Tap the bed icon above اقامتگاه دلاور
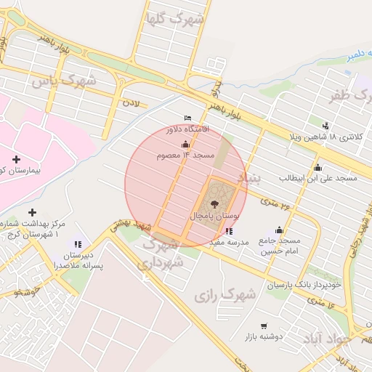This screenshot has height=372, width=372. pyautogui.click(x=188, y=118)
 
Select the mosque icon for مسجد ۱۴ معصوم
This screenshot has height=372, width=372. pyautogui.click(x=185, y=145)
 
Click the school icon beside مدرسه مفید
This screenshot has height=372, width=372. pyautogui.click(x=230, y=231)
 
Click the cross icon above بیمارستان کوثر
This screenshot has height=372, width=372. pyautogui.click(x=16, y=158)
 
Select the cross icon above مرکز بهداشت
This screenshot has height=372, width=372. pyautogui.click(x=32, y=211)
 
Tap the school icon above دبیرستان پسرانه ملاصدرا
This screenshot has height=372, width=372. pyautogui.click(x=78, y=244)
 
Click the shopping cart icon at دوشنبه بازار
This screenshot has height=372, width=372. pyautogui.click(x=263, y=326)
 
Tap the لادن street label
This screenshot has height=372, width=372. pyautogui.click(x=130, y=104)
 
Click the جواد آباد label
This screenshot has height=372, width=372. pyautogui.click(x=350, y=337)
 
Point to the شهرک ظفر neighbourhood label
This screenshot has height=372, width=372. pyautogui.click(x=347, y=95)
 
